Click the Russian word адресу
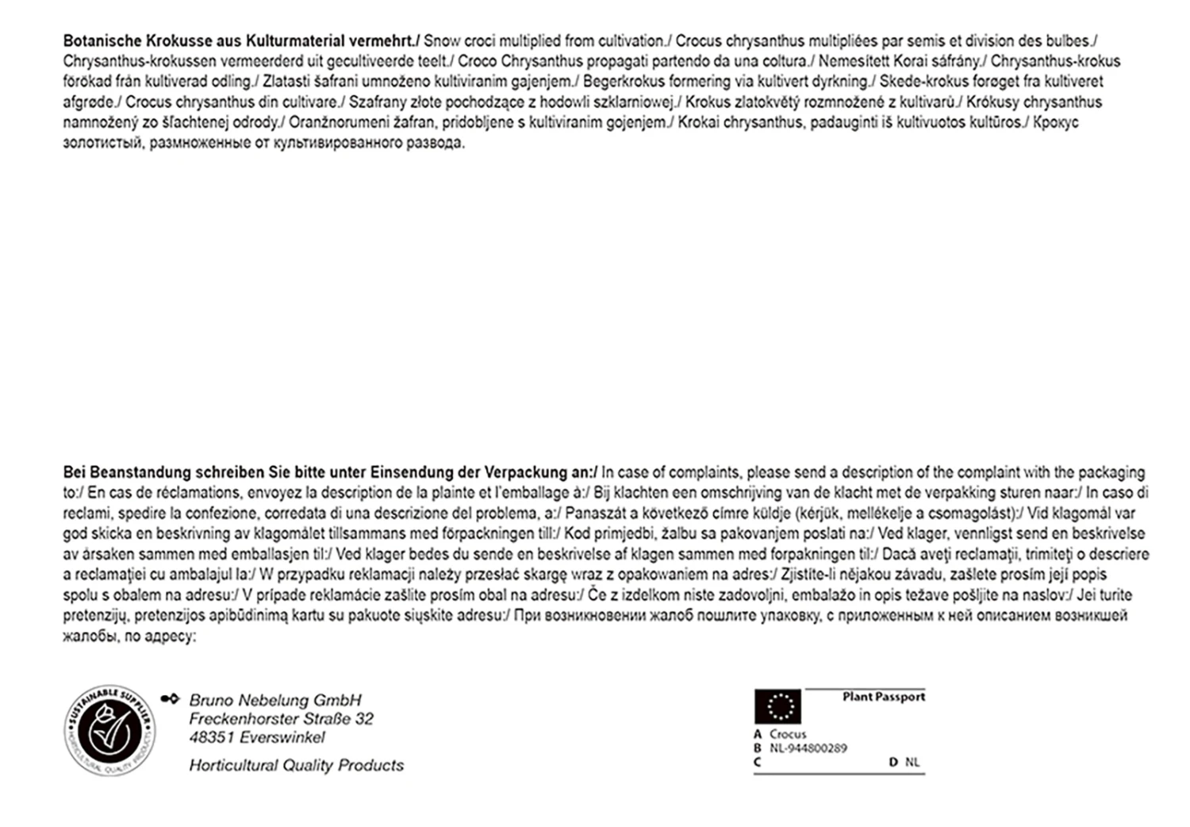[169, 637]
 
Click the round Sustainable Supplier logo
[109, 730]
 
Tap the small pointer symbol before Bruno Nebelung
[170, 699]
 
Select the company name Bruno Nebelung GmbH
[274, 700]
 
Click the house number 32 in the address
[364, 719]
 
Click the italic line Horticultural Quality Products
[296, 765]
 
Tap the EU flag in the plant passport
[777, 706]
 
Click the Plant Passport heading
[884, 697]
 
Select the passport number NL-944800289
[808, 748]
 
